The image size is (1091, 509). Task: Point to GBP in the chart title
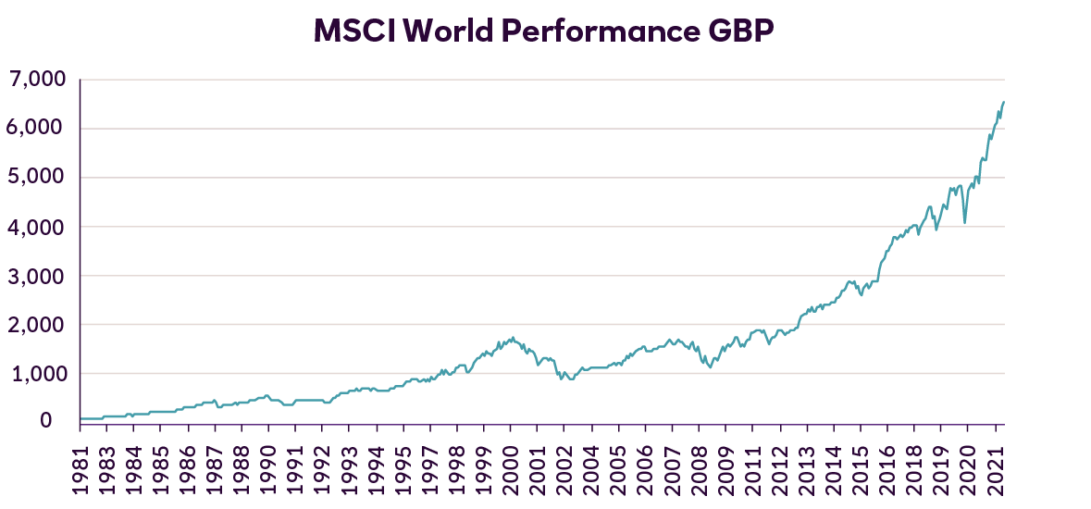[740, 31]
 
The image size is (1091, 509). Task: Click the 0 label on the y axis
[57, 421]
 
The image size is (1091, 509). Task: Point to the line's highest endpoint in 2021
[1004, 102]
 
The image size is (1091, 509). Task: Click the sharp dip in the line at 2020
[965, 222]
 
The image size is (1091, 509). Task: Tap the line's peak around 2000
[512, 338]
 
